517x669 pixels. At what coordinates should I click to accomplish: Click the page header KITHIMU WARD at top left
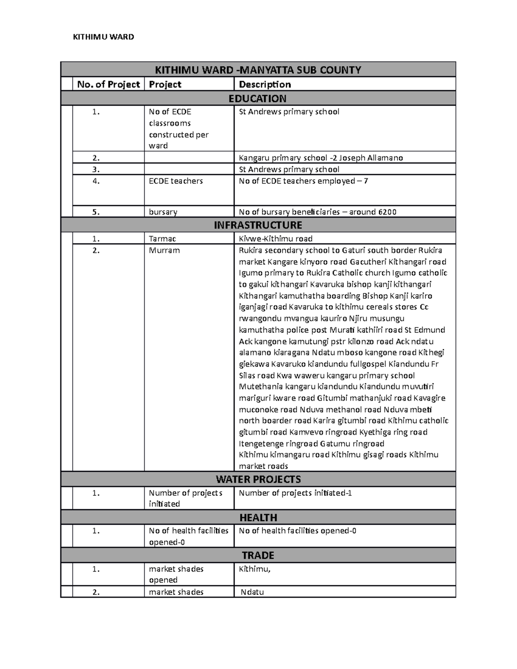click(x=103, y=37)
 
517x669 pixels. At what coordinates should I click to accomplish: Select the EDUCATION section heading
click(x=258, y=99)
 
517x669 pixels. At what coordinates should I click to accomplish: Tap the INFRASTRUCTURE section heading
click(x=258, y=225)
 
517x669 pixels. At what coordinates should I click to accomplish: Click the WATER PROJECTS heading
click(x=258, y=479)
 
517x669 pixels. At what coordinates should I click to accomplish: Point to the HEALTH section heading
click(x=258, y=517)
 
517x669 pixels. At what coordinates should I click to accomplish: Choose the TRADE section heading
click(x=258, y=555)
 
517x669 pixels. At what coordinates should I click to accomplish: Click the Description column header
click(x=265, y=84)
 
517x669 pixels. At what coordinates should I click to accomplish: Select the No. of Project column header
click(x=109, y=84)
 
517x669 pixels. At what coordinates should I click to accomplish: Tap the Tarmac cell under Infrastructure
click(x=162, y=239)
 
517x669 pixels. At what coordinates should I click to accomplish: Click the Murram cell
click(x=164, y=250)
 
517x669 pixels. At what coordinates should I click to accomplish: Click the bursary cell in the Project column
click(x=163, y=212)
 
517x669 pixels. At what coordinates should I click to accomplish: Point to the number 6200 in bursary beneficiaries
click(x=387, y=212)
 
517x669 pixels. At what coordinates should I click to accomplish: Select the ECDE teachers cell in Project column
click(x=176, y=181)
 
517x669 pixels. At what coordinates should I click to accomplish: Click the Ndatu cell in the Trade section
click(x=252, y=592)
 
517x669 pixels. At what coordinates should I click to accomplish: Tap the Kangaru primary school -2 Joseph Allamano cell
click(x=321, y=158)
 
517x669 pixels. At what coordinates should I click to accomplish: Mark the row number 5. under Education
click(x=96, y=212)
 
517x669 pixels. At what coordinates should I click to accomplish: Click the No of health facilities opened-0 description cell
click(x=297, y=531)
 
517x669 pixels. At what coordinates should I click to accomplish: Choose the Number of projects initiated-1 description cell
click(x=295, y=493)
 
